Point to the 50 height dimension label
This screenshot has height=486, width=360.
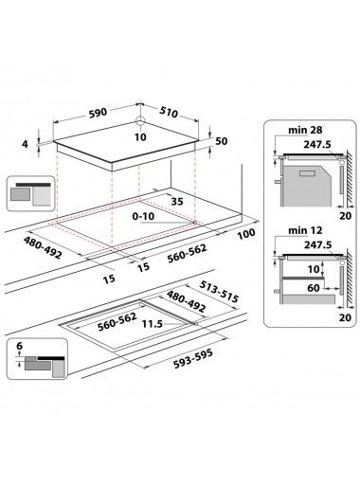click(x=221, y=141)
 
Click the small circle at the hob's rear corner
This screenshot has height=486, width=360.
click(x=140, y=120)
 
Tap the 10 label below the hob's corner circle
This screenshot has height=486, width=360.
click(x=141, y=137)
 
